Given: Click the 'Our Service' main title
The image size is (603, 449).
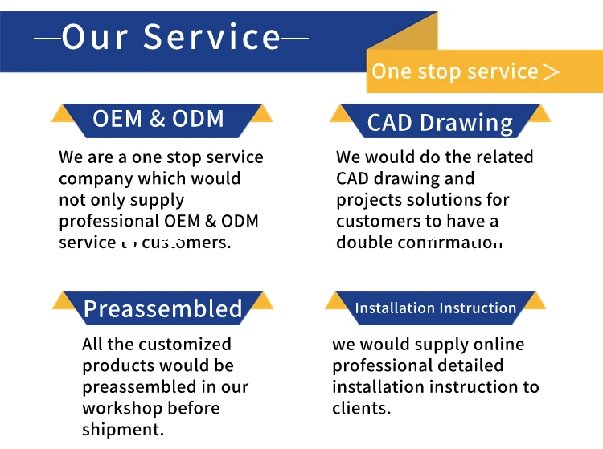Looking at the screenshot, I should (171, 37).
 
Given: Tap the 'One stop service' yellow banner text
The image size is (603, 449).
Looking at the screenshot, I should (455, 71).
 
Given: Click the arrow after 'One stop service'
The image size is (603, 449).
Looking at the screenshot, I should (552, 72).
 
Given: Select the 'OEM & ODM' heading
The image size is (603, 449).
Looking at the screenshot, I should (158, 119).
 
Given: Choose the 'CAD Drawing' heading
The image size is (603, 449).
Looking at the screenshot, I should (440, 123).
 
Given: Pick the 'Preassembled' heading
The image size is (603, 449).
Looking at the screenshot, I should (162, 308).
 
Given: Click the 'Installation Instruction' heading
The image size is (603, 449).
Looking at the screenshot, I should (435, 308).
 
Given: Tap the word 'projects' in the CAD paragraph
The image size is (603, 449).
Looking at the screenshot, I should (368, 199).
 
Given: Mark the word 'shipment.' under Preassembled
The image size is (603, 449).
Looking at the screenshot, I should (122, 429).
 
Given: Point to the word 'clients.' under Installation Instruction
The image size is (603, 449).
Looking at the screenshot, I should (361, 408).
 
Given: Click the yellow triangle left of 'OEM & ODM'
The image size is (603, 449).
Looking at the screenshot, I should (64, 114).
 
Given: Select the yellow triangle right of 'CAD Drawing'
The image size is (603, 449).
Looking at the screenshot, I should (539, 114).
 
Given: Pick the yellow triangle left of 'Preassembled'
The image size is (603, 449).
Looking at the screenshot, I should (64, 301).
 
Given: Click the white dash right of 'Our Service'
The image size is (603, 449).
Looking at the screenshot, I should (295, 38).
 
